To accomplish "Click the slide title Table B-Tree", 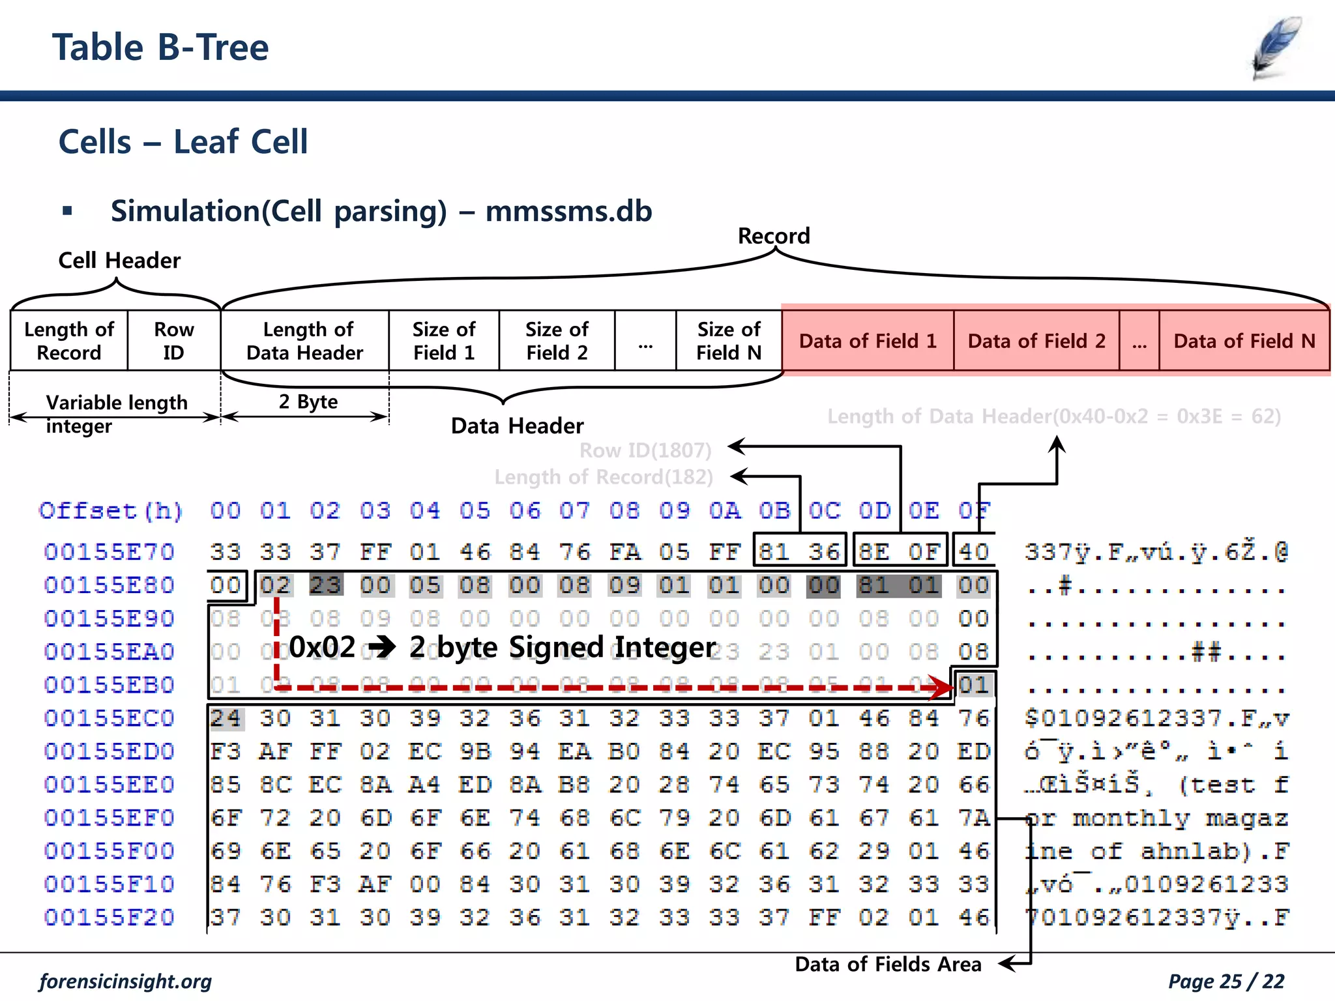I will click(160, 48).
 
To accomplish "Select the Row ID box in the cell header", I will click(173, 341).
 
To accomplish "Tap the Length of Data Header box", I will click(305, 341).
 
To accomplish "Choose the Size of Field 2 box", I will click(557, 341).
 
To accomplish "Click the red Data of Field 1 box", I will click(868, 341).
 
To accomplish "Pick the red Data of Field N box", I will click(1244, 341).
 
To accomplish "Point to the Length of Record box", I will click(69, 341).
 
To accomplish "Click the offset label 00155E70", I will click(109, 552).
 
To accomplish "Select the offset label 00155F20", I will click(109, 918).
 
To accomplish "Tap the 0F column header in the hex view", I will click(974, 510).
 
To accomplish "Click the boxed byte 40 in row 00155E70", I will click(974, 552).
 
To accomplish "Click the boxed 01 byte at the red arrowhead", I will click(974, 685).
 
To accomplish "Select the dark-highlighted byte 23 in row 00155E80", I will click(325, 585).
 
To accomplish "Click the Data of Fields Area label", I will click(888, 964).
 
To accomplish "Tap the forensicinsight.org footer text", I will click(125, 981).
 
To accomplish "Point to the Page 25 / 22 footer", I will click(1225, 981).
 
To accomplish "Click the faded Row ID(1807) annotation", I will click(645, 450).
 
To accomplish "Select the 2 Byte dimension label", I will click(308, 401).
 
